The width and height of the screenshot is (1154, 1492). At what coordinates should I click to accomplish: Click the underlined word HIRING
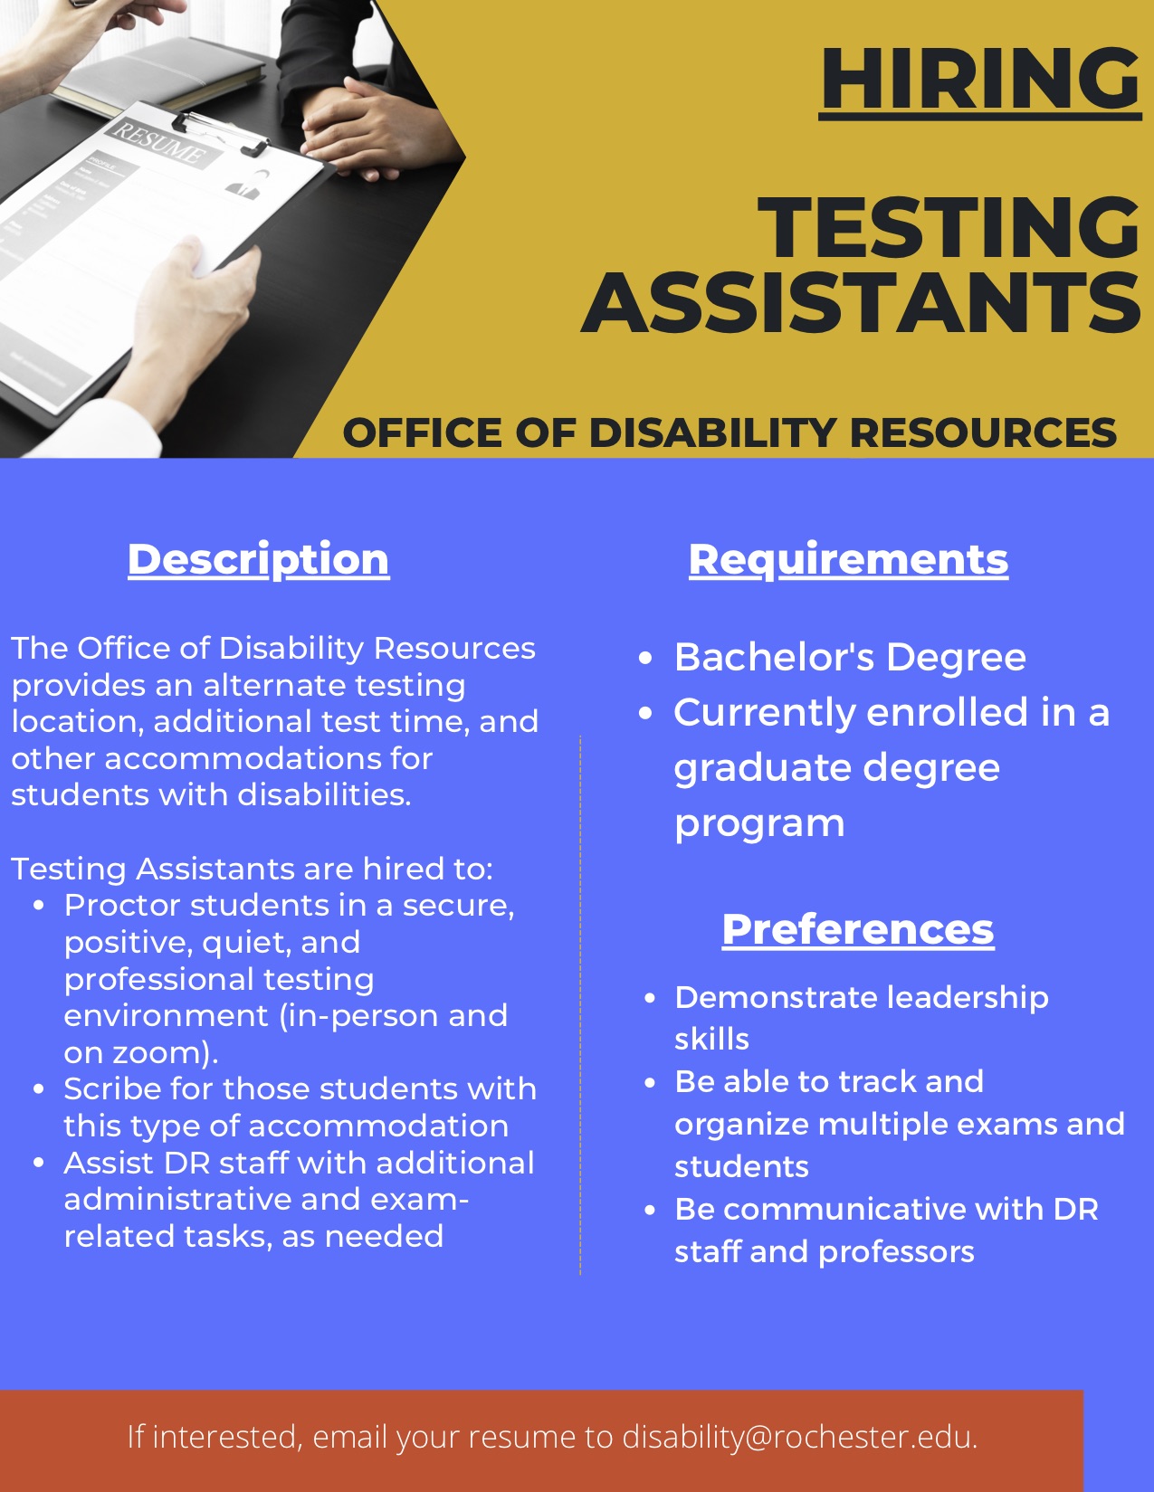tap(979, 81)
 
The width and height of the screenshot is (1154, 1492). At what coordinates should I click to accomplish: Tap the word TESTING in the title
tap(949, 227)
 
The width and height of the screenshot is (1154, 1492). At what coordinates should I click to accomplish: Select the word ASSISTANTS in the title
tap(861, 303)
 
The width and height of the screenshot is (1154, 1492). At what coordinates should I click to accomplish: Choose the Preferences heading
tap(858, 930)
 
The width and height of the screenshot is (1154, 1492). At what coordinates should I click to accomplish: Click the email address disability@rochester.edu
tap(800, 1437)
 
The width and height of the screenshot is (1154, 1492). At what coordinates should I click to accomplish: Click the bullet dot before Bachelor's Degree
tap(644, 659)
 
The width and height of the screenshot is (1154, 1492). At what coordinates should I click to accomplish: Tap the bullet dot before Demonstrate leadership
tap(651, 999)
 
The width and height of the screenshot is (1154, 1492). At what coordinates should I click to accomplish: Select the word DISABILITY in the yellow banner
tap(712, 433)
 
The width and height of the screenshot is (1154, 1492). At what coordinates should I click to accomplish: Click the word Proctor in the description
tap(121, 905)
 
